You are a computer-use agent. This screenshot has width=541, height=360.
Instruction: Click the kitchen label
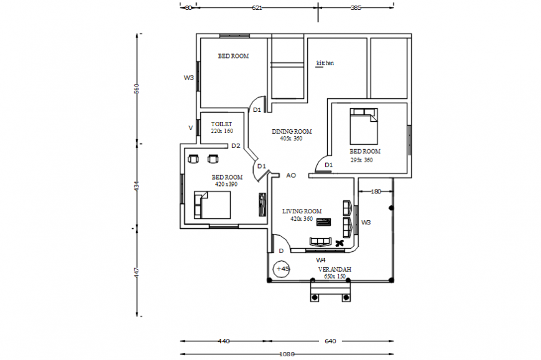[325, 63]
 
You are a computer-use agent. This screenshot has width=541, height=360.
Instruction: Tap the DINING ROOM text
[292, 132]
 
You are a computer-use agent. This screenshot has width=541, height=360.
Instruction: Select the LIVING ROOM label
[302, 211]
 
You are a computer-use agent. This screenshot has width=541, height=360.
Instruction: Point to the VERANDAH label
[335, 269]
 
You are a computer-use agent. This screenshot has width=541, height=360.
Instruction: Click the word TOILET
[221, 124]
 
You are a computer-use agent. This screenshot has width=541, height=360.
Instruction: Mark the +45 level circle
[282, 269]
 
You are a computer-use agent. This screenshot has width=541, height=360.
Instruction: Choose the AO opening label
[290, 176]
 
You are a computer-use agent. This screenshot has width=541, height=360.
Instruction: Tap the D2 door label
[236, 146]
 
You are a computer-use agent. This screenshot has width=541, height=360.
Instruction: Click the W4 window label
[321, 259]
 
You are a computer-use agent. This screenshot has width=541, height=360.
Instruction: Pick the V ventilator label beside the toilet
[191, 127]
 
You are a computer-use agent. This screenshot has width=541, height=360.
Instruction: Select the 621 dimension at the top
[257, 8]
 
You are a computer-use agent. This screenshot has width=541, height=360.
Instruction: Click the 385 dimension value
[356, 8]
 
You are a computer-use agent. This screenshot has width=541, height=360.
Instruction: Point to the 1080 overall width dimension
[286, 354]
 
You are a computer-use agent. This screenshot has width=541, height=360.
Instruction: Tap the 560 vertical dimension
[137, 89]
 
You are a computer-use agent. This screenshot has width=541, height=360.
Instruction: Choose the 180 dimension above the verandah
[375, 192]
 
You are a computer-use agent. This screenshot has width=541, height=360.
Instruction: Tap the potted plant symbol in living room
[339, 243]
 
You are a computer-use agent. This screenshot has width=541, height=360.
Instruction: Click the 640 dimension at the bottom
[330, 341]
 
